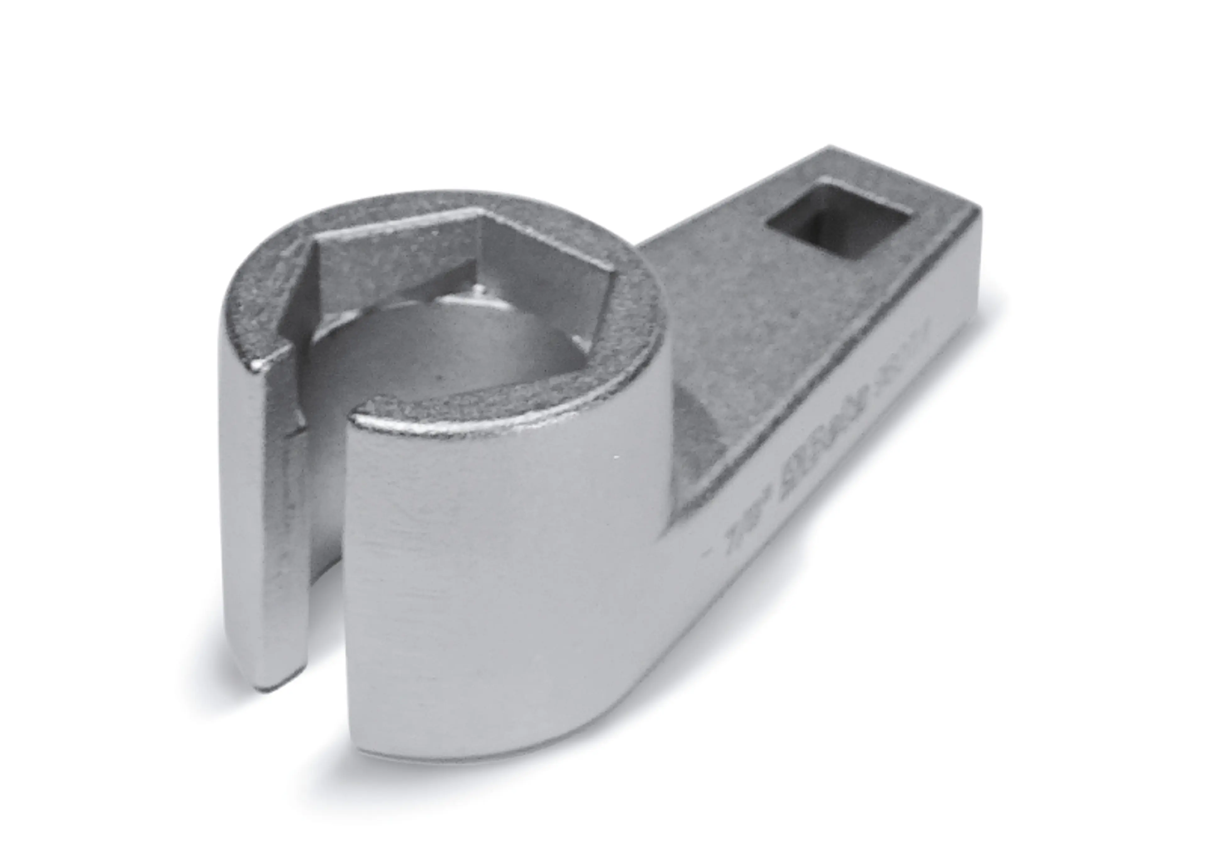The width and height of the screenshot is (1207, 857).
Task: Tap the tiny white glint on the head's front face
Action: (616, 457)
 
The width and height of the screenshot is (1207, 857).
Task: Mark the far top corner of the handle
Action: (828, 150)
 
